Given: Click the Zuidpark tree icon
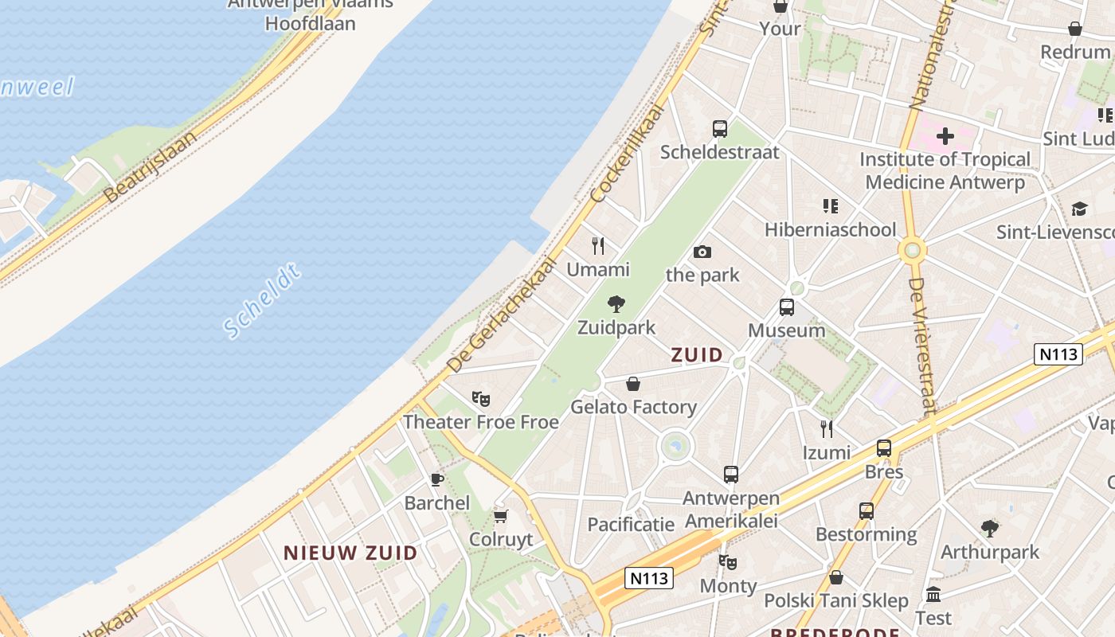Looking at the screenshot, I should tap(616, 303).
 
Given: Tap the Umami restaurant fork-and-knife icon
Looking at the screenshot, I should tap(598, 245).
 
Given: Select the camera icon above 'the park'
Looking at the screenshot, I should tap(702, 252).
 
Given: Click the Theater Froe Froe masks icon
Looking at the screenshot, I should tap(480, 397).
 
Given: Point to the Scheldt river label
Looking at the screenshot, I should tap(262, 302).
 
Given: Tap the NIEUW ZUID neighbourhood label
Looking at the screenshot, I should tap(350, 553).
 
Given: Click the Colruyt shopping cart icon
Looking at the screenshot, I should tap(500, 516).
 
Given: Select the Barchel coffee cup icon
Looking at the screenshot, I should tap(436, 479).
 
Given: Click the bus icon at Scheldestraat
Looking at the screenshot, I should tap(719, 128).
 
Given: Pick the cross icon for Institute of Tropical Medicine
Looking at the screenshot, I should tap(945, 136).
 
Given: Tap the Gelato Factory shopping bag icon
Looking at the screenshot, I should tap(633, 384).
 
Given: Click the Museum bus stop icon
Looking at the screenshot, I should tap(786, 307).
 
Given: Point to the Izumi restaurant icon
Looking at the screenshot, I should tap(827, 429).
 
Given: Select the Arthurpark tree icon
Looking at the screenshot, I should tap(989, 528).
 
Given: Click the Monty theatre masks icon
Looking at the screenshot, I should tap(727, 562).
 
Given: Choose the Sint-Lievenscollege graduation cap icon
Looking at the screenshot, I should tap(1079, 209).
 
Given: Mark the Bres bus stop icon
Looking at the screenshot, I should tap(883, 448).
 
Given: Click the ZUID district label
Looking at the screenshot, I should tap(697, 354).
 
